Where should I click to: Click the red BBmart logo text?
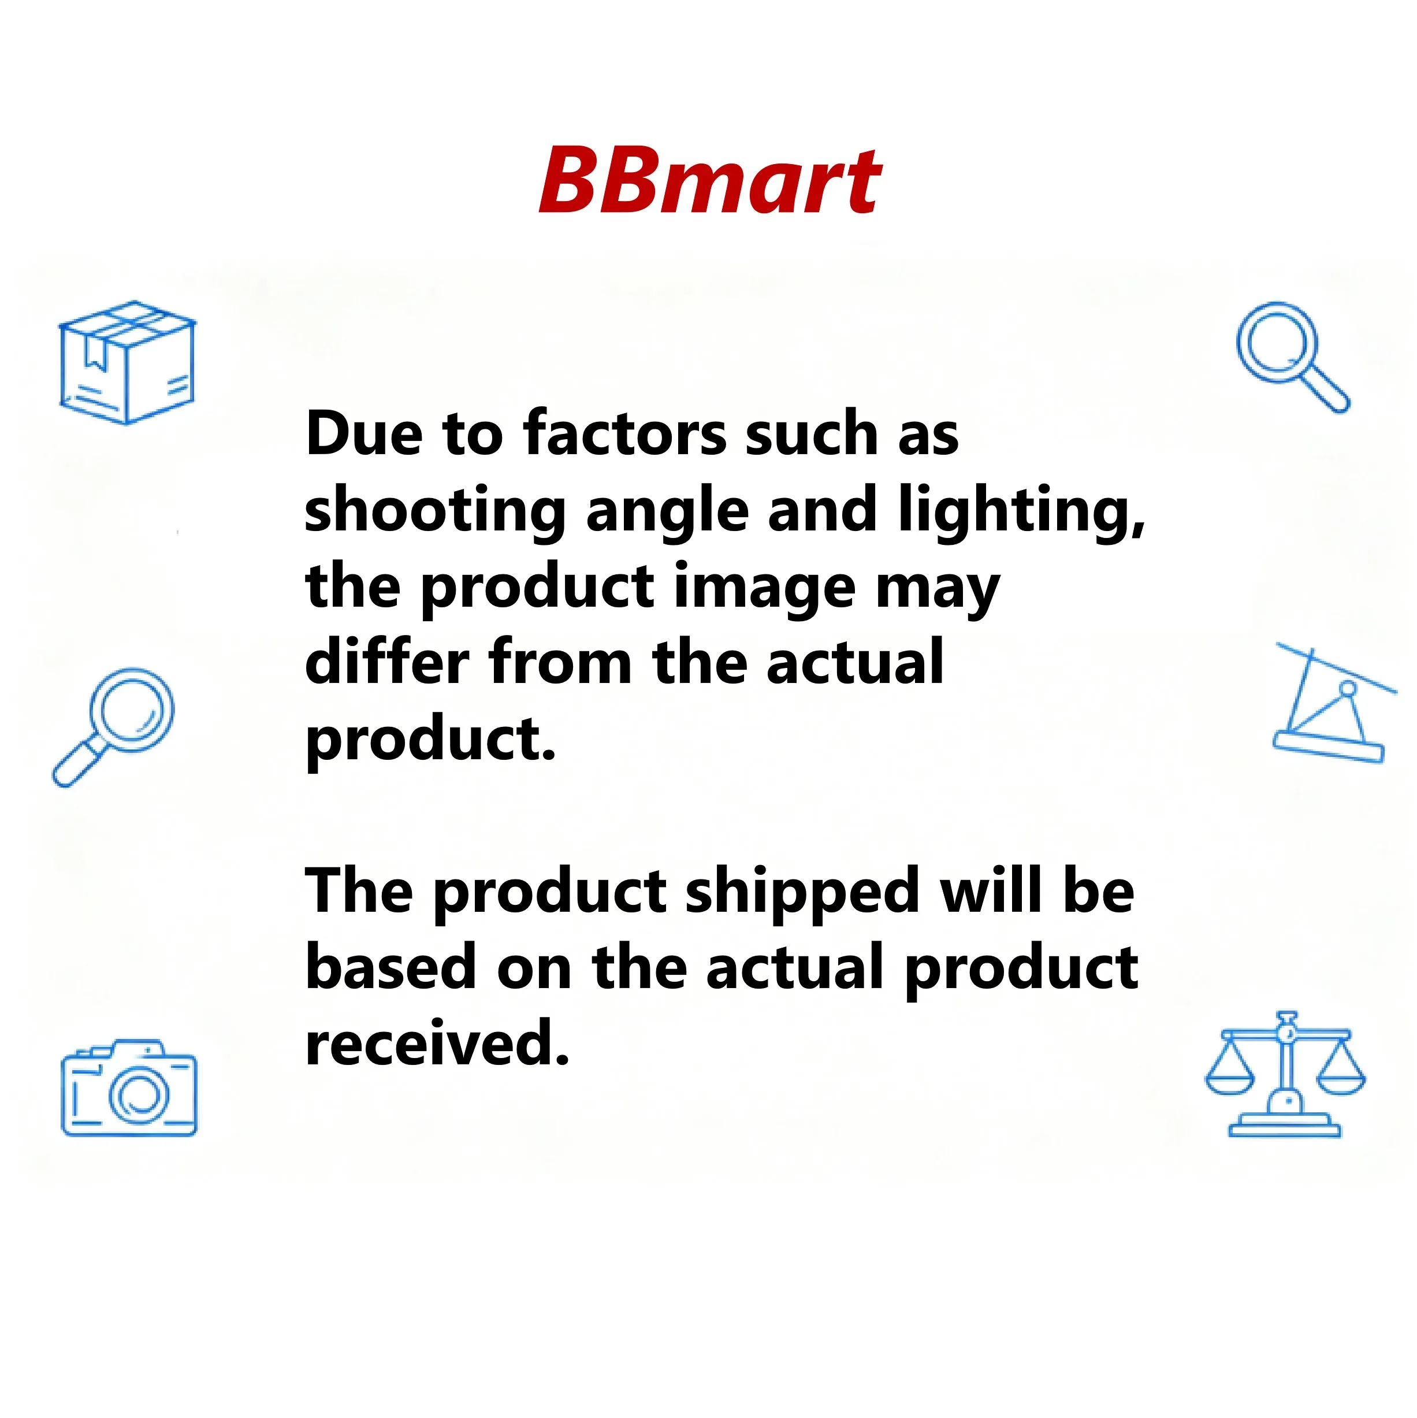(x=709, y=180)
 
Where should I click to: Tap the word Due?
(x=363, y=434)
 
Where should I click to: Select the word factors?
(x=624, y=434)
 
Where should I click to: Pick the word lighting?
(x=1020, y=511)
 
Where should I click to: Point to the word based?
(x=391, y=968)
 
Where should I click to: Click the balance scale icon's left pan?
(x=1230, y=1081)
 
